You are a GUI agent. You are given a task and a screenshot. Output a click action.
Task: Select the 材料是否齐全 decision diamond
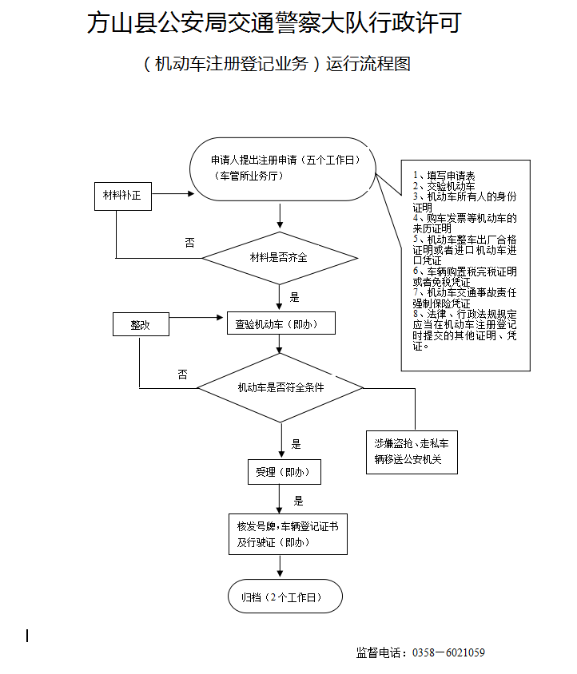pyautogui.click(x=279, y=258)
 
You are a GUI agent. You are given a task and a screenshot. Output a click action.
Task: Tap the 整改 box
pyautogui.click(x=141, y=324)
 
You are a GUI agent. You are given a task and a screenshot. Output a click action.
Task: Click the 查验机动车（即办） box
pyautogui.click(x=281, y=323)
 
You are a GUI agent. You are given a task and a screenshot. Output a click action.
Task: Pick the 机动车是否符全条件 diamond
pyautogui.click(x=280, y=387)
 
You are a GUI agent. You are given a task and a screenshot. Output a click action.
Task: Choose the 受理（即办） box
pyautogui.click(x=284, y=472)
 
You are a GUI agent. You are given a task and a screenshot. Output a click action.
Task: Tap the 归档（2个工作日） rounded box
pyautogui.click(x=285, y=597)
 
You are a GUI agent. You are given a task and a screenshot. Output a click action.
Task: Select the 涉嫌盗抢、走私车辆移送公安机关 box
pyautogui.click(x=412, y=452)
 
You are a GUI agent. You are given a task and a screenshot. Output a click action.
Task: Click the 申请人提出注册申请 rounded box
pyautogui.click(x=283, y=168)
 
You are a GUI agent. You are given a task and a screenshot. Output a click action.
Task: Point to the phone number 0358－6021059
pyautogui.click(x=448, y=653)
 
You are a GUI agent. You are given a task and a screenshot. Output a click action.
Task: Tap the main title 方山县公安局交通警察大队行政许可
pyautogui.click(x=274, y=23)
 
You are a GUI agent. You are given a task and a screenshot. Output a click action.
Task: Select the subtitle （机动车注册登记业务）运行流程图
pyautogui.click(x=277, y=65)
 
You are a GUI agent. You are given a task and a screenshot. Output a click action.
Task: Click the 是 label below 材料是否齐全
pyautogui.click(x=295, y=297)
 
